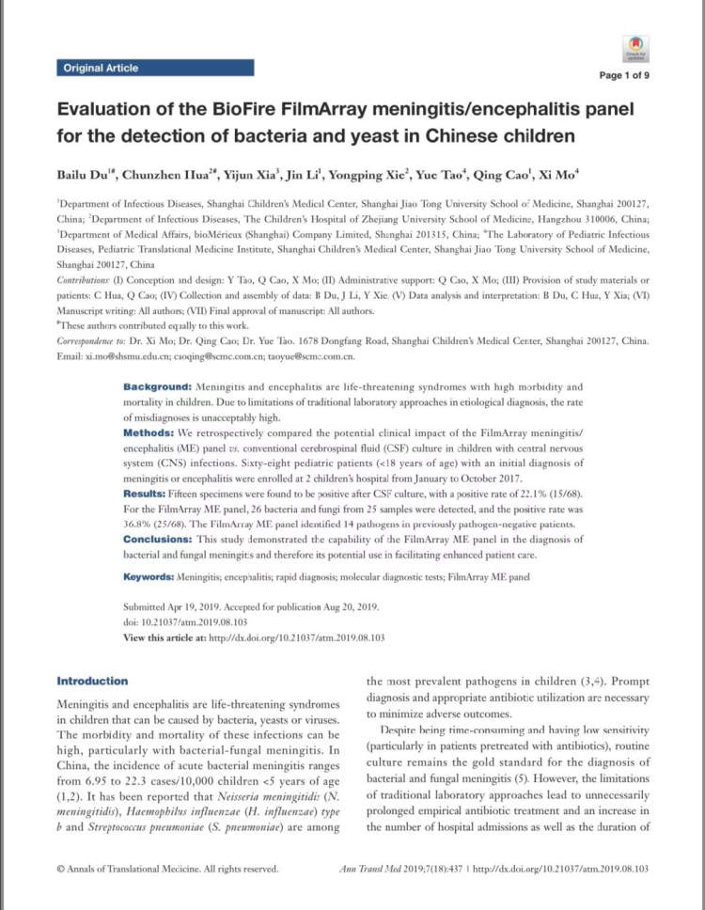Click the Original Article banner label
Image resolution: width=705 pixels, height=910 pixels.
(100, 68)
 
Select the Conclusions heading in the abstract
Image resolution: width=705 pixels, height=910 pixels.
(161, 539)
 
